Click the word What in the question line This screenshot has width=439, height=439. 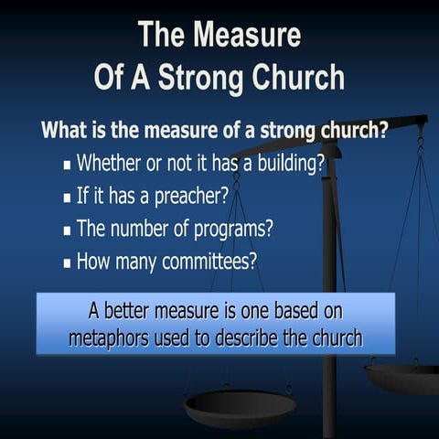coord(63,129)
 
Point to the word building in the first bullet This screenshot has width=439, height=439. coord(283,166)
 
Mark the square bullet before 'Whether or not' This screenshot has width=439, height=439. coord(68,166)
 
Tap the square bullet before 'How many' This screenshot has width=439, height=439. coord(68,262)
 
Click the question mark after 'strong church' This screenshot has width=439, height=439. coord(382,129)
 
